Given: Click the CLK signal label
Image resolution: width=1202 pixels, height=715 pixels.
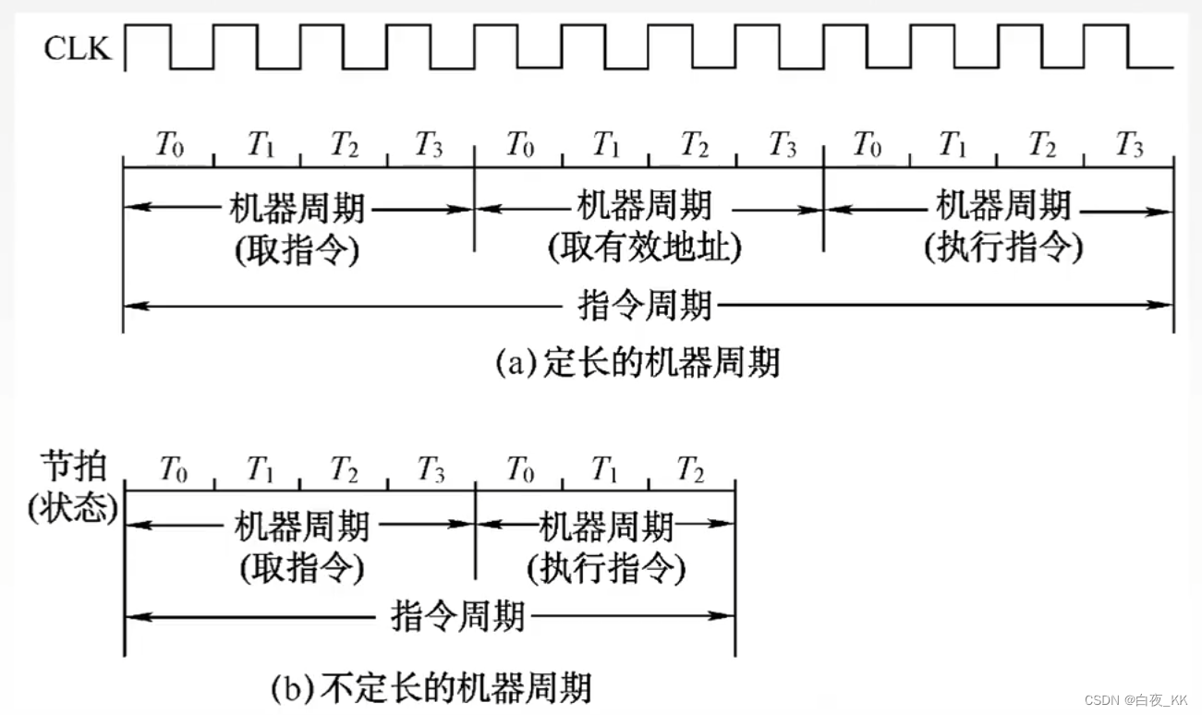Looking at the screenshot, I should pyautogui.click(x=77, y=48).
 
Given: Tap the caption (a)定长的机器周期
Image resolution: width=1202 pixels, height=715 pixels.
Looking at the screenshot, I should pyautogui.click(x=637, y=362).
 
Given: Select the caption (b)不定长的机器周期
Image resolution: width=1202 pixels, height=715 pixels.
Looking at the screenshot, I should pyautogui.click(x=431, y=687).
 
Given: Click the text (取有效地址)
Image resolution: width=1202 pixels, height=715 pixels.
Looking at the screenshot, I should pyautogui.click(x=645, y=247).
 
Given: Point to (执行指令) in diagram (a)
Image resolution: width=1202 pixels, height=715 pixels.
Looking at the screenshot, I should pyautogui.click(x=1003, y=247).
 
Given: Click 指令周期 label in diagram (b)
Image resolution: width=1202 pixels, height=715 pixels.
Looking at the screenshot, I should pyautogui.click(x=458, y=614).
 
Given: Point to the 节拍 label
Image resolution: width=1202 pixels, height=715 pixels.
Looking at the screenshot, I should pyautogui.click(x=73, y=467).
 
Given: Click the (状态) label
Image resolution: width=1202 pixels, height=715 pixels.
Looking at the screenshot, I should pyautogui.click(x=73, y=510).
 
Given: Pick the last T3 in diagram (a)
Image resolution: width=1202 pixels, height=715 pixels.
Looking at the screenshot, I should pyautogui.click(x=1128, y=144).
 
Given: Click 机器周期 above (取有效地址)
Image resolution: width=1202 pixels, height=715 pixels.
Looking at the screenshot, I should pyautogui.click(x=644, y=204).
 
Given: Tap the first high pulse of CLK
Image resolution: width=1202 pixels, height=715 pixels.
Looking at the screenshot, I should pyautogui.click(x=148, y=28).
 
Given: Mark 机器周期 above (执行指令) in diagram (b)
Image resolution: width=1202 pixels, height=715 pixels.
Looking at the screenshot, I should pyautogui.click(x=606, y=527).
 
